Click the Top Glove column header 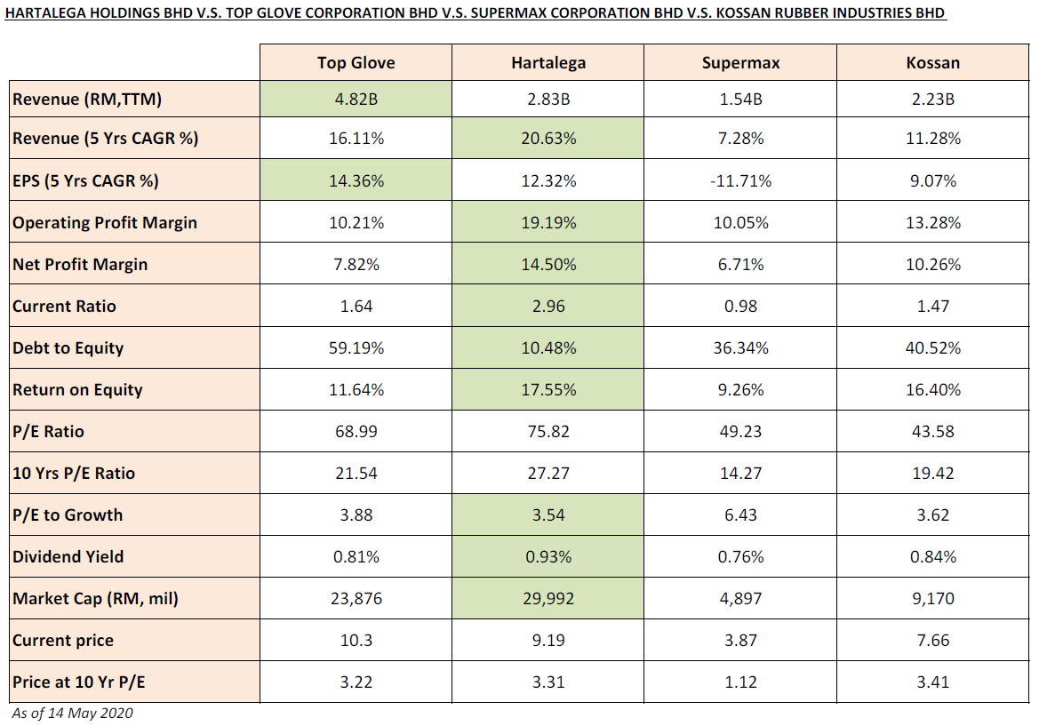[x=356, y=62]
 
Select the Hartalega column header [x=548, y=62]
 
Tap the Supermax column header [x=740, y=62]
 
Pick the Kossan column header [x=932, y=62]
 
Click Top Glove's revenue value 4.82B [x=356, y=100]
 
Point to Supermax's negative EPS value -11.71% [x=740, y=181]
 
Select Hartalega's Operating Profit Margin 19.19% [x=548, y=223]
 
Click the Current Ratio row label [x=64, y=307]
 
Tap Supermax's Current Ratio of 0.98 [x=740, y=307]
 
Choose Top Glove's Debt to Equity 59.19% [x=356, y=348]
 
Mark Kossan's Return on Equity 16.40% [x=932, y=390]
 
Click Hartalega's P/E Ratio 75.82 [x=548, y=432]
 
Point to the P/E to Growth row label [x=68, y=515]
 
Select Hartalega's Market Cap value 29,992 [x=548, y=599]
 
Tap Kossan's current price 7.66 [x=932, y=641]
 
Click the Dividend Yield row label [x=68, y=557]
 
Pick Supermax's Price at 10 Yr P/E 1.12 [x=740, y=682]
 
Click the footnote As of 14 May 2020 [x=72, y=713]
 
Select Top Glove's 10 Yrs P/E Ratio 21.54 [x=356, y=474]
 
